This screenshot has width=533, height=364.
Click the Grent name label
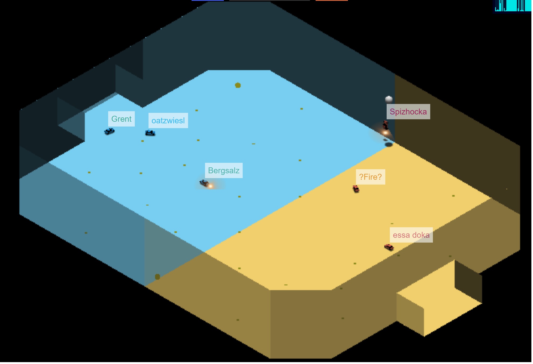[122, 119]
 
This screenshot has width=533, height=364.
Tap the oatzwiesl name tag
[168, 121]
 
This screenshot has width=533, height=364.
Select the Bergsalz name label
[224, 171]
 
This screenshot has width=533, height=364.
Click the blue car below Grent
[110, 131]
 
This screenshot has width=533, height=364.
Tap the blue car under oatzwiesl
[150, 133]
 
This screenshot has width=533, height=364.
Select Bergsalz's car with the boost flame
[205, 183]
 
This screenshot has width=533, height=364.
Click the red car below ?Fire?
[356, 189]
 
